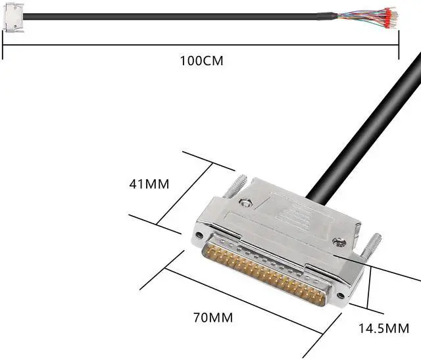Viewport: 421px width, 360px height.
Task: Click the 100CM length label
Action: click(201, 61)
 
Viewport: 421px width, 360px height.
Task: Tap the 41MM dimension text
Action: click(149, 184)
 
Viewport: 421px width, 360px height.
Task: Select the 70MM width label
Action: click(212, 318)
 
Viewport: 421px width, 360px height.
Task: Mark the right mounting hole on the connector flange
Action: click(339, 304)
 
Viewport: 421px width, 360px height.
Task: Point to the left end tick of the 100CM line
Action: click(3, 43)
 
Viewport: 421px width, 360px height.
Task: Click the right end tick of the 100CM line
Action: click(399, 43)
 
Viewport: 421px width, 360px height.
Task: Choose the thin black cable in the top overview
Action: click(164, 16)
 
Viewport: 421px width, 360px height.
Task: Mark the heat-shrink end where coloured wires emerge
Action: click(322, 16)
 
